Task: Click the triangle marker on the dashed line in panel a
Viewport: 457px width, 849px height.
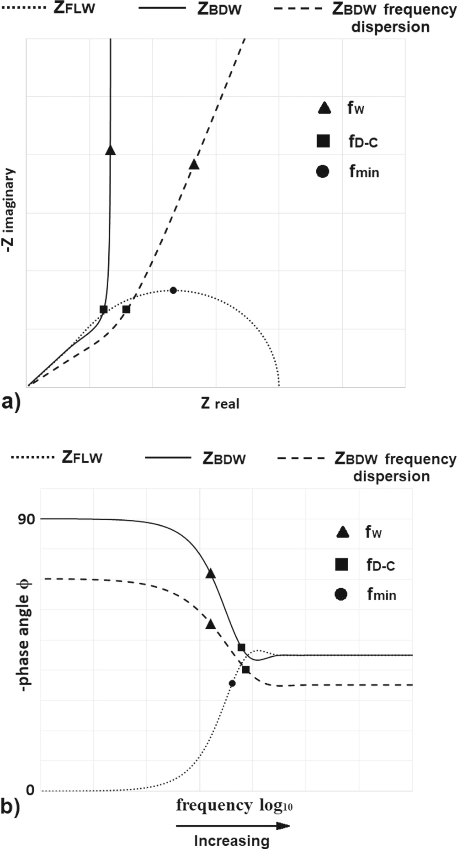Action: pos(194,164)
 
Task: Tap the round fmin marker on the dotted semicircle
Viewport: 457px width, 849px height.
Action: pos(173,290)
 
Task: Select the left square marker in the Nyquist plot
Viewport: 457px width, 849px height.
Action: pos(104,310)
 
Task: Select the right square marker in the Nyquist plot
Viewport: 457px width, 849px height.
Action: pos(126,310)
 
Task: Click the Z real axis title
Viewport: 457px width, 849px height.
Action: pos(220,403)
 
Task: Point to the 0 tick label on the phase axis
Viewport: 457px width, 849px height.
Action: pos(30,791)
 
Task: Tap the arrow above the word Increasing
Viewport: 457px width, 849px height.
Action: pos(233,826)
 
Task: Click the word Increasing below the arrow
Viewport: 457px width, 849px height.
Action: pos(232,841)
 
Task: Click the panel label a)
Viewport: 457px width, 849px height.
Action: pos(11,403)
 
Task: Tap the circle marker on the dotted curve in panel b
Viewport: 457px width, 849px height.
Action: pos(232,683)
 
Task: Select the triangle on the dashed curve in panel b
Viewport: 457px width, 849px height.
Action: pos(210,624)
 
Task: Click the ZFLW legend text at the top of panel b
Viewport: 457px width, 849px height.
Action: pos(82,458)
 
